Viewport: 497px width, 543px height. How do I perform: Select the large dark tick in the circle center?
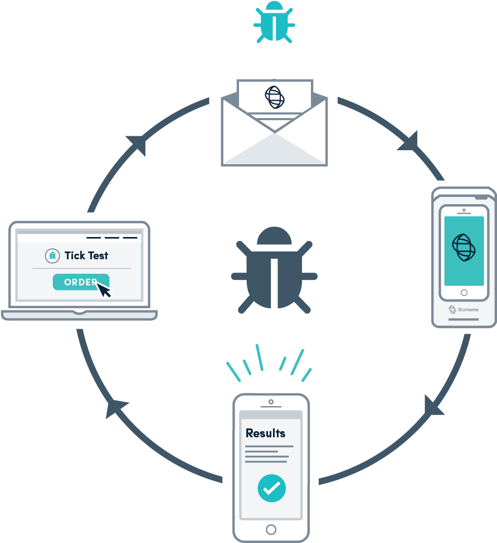[274, 268]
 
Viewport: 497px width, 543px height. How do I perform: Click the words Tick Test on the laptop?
[86, 255]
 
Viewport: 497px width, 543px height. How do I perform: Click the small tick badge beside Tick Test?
[52, 255]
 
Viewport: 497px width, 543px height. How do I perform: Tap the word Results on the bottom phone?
[265, 433]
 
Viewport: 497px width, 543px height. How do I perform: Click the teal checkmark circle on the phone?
[271, 488]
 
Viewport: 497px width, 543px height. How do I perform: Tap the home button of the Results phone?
[271, 529]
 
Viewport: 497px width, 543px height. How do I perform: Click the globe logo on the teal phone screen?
[464, 247]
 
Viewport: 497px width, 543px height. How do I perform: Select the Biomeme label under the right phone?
[464, 309]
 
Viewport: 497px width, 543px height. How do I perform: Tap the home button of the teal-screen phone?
[464, 292]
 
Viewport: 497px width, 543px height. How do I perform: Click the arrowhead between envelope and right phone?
[409, 142]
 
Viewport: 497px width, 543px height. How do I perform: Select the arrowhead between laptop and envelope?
[137, 144]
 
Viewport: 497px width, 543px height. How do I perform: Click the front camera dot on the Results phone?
[271, 402]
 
